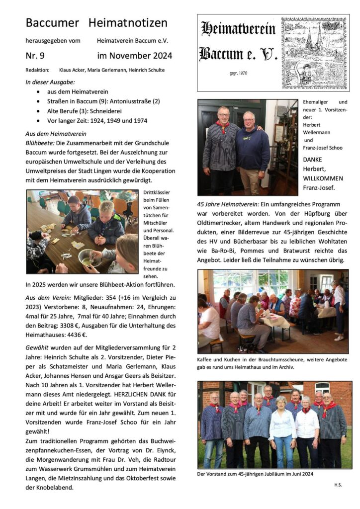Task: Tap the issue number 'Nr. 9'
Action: (35, 56)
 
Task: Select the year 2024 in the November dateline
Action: (161, 56)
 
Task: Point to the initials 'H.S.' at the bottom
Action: (339, 484)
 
